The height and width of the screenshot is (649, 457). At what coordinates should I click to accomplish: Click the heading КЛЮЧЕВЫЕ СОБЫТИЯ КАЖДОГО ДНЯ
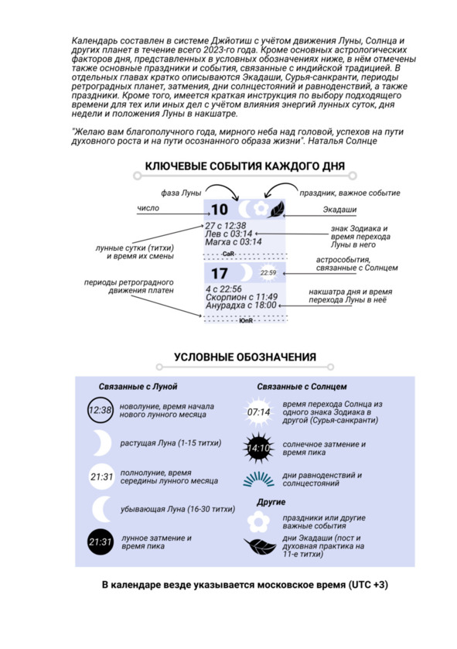245,166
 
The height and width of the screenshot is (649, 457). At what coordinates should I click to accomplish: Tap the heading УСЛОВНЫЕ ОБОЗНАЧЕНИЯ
245,357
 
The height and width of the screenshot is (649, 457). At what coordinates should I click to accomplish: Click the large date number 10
220,210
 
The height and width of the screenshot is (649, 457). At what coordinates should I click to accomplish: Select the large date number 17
220,273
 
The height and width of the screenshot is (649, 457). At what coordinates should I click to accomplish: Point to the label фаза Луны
181,193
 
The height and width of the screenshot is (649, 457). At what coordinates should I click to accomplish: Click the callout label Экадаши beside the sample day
339,210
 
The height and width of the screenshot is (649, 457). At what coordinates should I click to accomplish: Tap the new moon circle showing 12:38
100,410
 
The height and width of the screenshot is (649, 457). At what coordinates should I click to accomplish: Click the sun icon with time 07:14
258,412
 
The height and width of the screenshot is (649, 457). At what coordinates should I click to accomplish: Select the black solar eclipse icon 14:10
258,448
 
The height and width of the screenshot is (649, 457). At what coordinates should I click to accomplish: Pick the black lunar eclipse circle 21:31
100,541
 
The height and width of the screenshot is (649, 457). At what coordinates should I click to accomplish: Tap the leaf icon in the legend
260,546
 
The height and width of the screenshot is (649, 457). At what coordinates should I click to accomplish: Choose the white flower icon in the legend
258,521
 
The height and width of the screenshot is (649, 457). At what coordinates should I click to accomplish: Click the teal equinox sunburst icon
258,479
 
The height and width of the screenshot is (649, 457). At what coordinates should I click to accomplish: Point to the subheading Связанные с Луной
138,387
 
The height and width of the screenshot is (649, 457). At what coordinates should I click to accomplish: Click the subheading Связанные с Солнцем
302,387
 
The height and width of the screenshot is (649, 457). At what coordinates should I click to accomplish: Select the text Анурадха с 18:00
240,306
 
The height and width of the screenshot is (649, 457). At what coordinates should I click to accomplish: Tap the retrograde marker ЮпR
246,320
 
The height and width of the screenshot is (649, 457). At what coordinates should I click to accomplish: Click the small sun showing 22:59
268,273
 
